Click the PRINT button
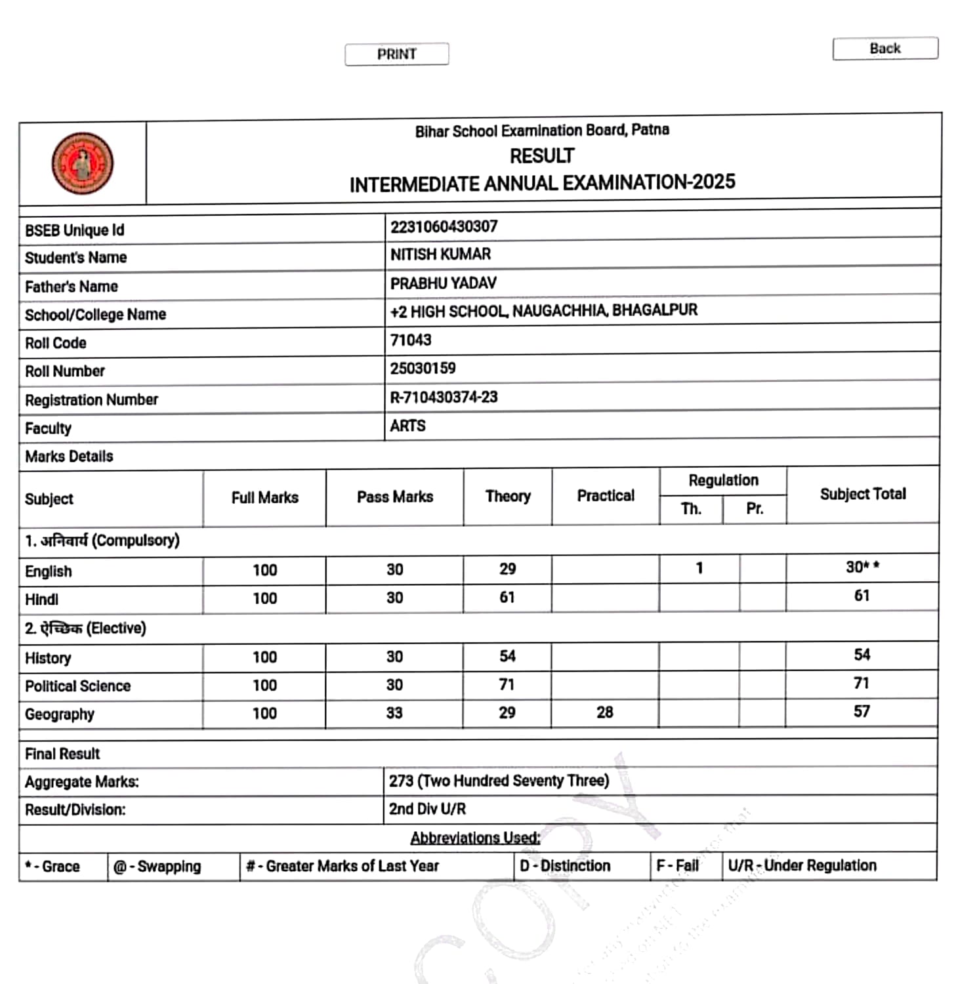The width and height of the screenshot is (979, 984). pyautogui.click(x=397, y=54)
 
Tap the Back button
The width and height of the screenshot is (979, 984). pyautogui.click(x=885, y=49)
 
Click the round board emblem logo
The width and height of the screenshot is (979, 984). pyautogui.click(x=83, y=163)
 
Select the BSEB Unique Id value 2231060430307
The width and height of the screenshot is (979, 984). pyautogui.click(x=444, y=227)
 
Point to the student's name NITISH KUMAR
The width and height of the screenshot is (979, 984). pyautogui.click(x=441, y=255)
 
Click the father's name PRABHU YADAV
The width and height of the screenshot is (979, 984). pyautogui.click(x=444, y=283)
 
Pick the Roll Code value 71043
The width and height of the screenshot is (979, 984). pyautogui.click(x=411, y=340)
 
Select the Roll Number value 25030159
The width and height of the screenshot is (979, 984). pyautogui.click(x=423, y=369)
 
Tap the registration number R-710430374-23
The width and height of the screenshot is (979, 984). pyautogui.click(x=444, y=398)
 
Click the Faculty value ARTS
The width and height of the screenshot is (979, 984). pyautogui.click(x=408, y=426)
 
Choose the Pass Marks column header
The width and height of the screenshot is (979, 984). pyautogui.click(x=395, y=497)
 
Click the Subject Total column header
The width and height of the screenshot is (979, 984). pyautogui.click(x=863, y=494)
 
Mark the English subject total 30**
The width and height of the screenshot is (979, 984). pyautogui.click(x=862, y=567)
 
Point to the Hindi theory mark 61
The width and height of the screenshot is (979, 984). pyautogui.click(x=507, y=598)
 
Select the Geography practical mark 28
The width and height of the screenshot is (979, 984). pyautogui.click(x=605, y=712)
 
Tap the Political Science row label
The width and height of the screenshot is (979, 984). pyautogui.click(x=78, y=686)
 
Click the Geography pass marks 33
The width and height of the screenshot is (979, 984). pyautogui.click(x=394, y=713)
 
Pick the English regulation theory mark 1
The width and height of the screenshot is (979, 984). pyautogui.click(x=699, y=568)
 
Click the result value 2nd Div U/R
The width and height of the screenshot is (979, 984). pyautogui.click(x=428, y=810)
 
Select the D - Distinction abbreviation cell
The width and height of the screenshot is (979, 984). pyautogui.click(x=565, y=867)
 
